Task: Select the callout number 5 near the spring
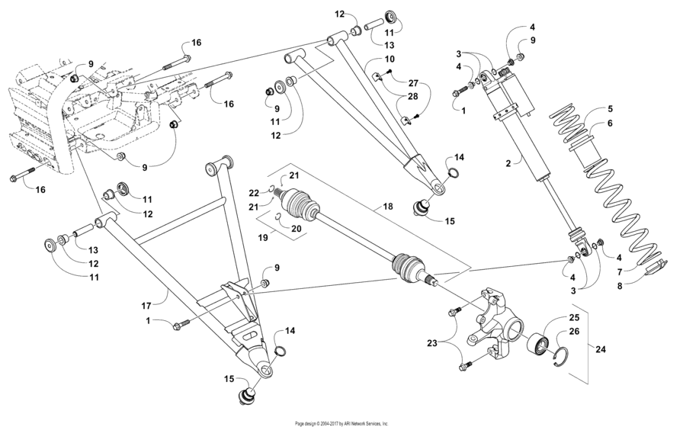tap(609, 109)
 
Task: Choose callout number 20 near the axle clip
tap(297, 228)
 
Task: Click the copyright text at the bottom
tap(341, 422)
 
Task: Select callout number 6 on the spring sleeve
tap(609, 124)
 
